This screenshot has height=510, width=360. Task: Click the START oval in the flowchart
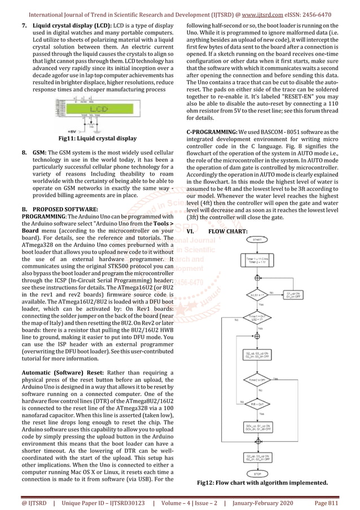[257, 239]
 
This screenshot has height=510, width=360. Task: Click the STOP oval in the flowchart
[257, 474]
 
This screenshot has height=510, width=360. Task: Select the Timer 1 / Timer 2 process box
[257, 260]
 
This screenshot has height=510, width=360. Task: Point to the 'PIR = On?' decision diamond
[257, 404]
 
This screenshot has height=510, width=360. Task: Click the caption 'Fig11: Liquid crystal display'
[93, 137]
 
